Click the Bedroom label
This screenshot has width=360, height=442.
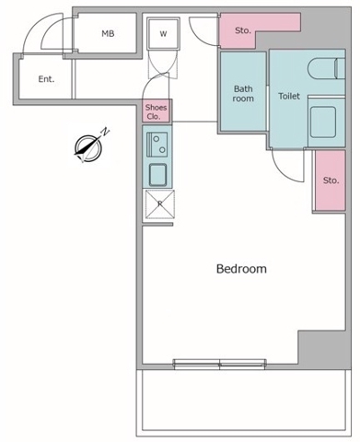(x=241, y=269)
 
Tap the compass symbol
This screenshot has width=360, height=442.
(x=88, y=149)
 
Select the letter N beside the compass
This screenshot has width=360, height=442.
(x=105, y=132)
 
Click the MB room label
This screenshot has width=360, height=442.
(x=108, y=33)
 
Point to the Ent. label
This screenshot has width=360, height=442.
(x=46, y=79)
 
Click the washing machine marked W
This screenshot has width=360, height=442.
(x=163, y=33)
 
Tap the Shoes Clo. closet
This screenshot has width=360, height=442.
(x=157, y=111)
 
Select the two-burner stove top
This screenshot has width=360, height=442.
(x=157, y=144)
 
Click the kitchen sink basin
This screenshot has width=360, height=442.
(x=157, y=175)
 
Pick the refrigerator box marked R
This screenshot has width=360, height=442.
(x=159, y=204)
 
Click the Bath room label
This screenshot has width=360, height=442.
(x=243, y=94)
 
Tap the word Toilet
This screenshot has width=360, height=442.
(x=289, y=96)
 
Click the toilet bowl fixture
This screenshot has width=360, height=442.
(x=326, y=68)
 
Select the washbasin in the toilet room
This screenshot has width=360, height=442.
(x=323, y=122)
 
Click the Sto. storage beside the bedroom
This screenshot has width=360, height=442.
(x=331, y=180)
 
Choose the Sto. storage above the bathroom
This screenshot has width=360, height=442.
(x=243, y=30)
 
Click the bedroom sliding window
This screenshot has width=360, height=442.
(x=220, y=364)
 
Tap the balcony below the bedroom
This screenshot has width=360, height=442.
(x=244, y=402)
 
